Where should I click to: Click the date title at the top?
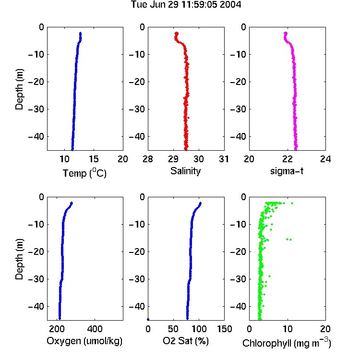point(186,5)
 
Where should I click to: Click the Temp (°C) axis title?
point(84,173)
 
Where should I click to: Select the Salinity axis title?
point(185,171)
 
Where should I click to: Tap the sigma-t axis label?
point(287,171)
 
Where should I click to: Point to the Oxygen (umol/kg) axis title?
point(84,341)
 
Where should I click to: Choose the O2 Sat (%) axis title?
point(186,341)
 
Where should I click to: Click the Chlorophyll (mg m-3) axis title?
point(287,343)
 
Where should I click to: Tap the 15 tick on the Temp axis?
point(94,159)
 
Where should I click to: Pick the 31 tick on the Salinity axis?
point(224,159)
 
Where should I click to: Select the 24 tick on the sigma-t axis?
point(325,159)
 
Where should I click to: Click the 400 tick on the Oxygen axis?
point(95,329)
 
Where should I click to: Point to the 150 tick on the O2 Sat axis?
point(225,329)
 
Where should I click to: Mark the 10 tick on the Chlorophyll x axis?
point(288,329)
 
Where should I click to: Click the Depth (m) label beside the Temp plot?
point(19,89)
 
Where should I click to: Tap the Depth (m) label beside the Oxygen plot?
point(19,259)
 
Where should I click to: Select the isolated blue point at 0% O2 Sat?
point(148,319)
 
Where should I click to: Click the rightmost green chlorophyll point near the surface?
point(292,203)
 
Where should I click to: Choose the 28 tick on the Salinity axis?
point(148,159)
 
